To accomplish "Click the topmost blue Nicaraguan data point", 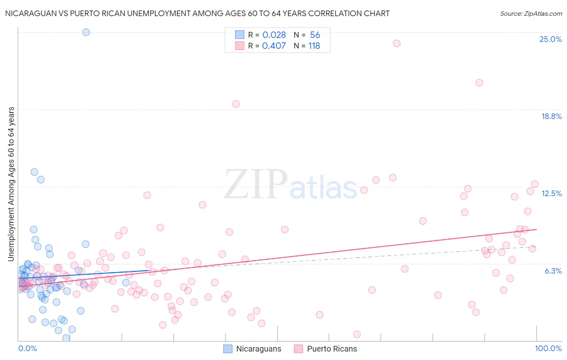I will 86,32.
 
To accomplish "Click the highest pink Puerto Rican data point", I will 396,43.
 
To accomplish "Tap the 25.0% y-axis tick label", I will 550,39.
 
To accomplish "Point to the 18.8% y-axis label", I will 551,116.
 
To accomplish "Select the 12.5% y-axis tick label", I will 551,193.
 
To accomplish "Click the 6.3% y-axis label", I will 553,271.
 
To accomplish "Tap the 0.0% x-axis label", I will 27,348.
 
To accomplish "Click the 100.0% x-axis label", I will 548,348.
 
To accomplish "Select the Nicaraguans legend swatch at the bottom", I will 228,349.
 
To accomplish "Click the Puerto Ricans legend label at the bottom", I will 332,349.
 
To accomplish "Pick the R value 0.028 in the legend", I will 274,35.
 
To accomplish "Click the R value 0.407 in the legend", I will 274,46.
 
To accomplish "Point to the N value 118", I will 314,46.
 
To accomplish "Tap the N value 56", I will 315,35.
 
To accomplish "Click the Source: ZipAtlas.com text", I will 531,13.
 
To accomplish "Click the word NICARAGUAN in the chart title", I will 29,13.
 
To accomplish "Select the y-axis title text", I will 11,184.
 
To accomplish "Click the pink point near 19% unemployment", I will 236,104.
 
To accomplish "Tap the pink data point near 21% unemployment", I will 479,83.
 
